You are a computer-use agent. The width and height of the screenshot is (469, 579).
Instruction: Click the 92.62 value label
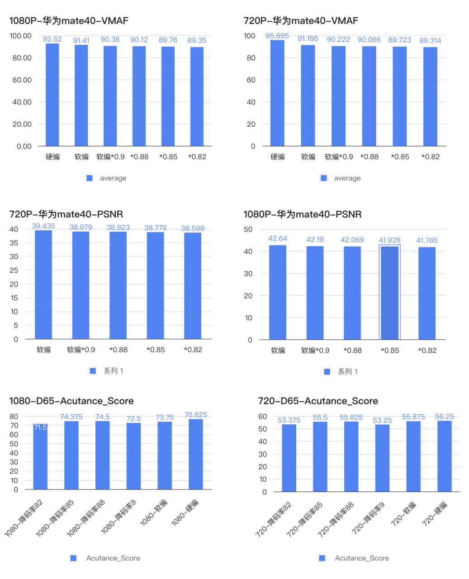tap(52, 39)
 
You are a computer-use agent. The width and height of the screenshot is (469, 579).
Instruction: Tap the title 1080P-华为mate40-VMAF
tap(69, 21)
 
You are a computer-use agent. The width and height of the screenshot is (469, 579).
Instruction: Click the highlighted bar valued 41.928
tap(389, 293)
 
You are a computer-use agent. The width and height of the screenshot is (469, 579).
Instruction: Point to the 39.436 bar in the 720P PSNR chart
tap(43, 285)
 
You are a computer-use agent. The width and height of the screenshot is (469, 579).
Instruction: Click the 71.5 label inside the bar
tap(40, 427)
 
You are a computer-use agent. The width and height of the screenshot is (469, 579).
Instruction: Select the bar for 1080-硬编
tap(196, 454)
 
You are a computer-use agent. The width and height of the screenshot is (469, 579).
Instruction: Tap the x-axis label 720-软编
tap(404, 514)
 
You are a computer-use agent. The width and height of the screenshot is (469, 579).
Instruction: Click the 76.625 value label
tap(196, 415)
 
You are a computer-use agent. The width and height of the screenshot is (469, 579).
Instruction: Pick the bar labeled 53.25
tap(382, 458)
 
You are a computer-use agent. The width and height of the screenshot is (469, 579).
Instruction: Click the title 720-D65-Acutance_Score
tap(318, 401)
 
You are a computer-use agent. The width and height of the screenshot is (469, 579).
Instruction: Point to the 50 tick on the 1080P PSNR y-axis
tap(248, 229)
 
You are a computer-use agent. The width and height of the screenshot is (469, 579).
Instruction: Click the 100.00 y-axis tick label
tap(21, 36)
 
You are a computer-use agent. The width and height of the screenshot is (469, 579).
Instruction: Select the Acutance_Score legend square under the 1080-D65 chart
tap(74, 558)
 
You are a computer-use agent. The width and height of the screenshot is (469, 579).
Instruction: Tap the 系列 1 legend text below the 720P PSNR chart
tap(114, 371)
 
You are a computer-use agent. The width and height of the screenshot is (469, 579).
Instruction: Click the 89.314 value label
tap(430, 41)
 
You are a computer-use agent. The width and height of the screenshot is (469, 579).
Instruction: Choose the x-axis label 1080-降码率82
tap(24, 518)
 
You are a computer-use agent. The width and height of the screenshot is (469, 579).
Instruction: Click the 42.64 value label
tap(278, 238)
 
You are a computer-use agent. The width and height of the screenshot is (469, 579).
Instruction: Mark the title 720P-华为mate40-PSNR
tap(66, 214)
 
